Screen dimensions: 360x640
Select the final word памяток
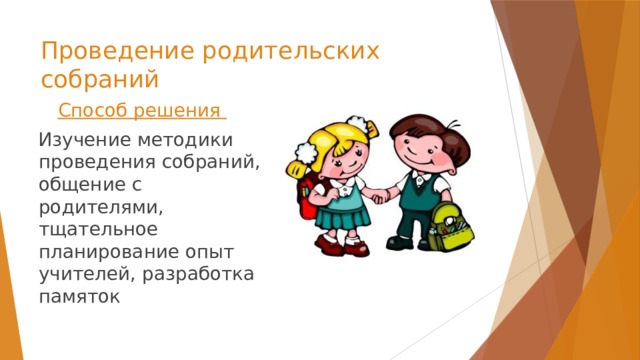click(x=79, y=294)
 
